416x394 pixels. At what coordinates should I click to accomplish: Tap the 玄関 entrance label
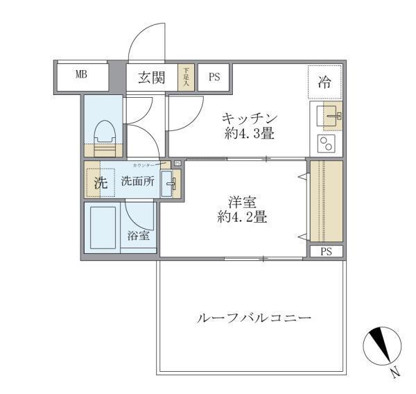pyautogui.click(x=150, y=77)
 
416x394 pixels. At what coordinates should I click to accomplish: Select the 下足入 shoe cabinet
pyautogui.click(x=185, y=77)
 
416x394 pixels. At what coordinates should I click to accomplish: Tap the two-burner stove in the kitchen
pyautogui.click(x=326, y=144)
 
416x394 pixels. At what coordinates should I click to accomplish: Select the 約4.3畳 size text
pyautogui.click(x=250, y=134)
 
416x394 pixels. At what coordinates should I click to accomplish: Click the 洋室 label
pyautogui.click(x=243, y=202)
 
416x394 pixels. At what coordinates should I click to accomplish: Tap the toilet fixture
pyautogui.click(x=104, y=136)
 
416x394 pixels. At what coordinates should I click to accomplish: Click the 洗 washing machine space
pyautogui.click(x=100, y=183)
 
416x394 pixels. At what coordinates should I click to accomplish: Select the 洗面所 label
pyautogui.click(x=137, y=182)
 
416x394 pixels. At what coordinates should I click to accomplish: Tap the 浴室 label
pyautogui.click(x=138, y=236)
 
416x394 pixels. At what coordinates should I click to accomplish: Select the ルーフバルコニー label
pyautogui.click(x=254, y=320)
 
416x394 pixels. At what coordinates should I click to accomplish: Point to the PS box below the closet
pyautogui.click(x=325, y=251)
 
